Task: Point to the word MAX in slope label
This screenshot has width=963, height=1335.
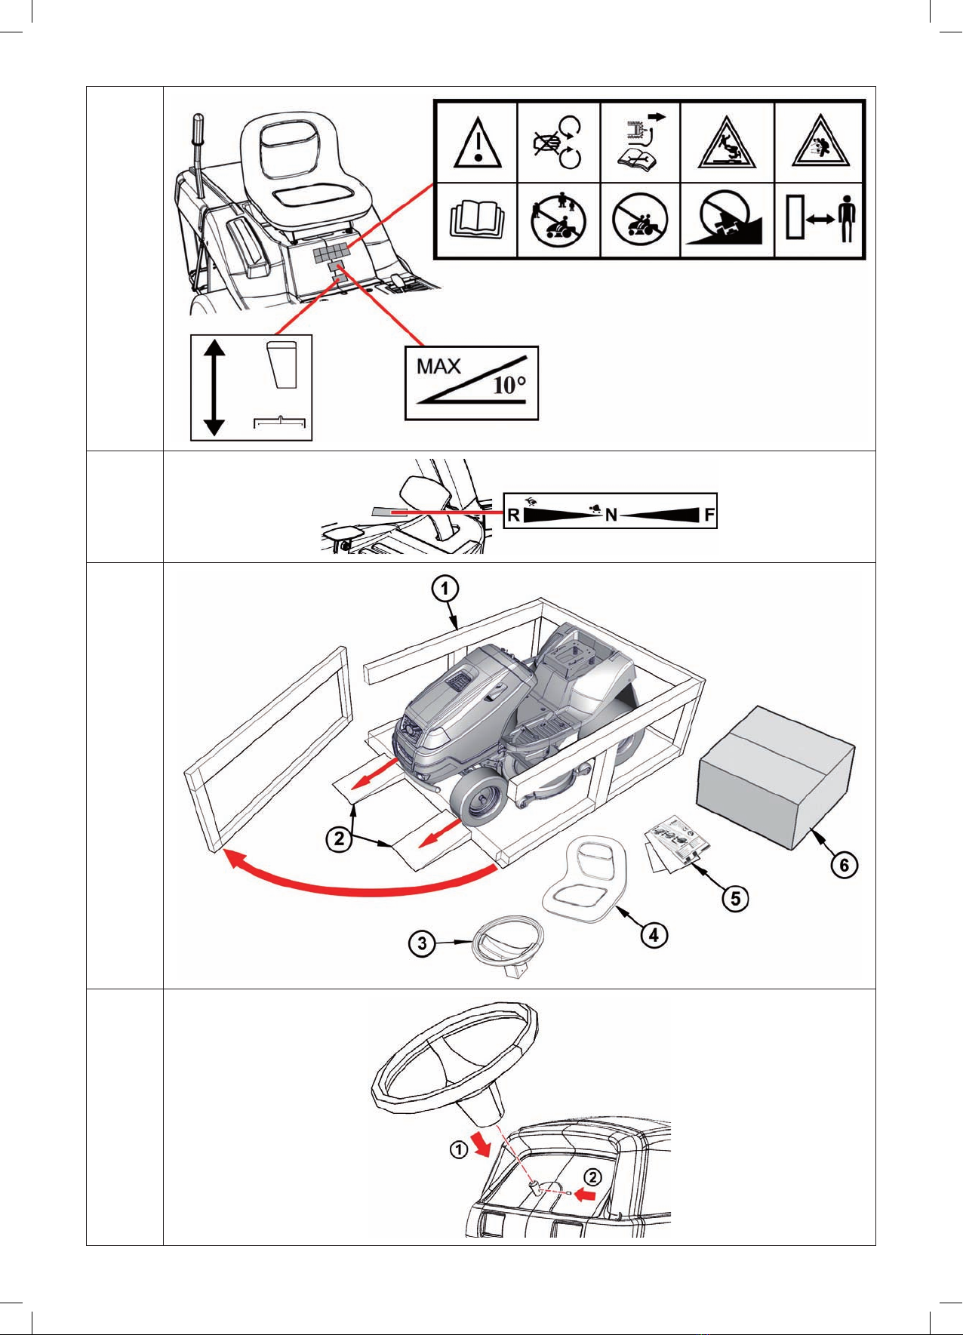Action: click(x=438, y=367)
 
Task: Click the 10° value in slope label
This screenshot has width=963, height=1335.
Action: click(x=509, y=386)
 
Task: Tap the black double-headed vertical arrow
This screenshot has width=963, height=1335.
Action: click(x=214, y=387)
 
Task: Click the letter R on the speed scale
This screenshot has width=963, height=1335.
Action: click(x=513, y=515)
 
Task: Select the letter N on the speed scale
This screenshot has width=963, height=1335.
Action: click(x=611, y=515)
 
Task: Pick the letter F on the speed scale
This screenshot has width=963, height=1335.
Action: click(x=709, y=515)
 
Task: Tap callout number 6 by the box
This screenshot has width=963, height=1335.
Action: click(x=845, y=864)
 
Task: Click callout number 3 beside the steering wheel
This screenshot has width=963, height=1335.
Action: click(x=423, y=943)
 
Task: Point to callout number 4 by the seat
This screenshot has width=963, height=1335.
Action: click(x=654, y=935)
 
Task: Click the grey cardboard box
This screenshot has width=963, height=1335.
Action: click(x=777, y=777)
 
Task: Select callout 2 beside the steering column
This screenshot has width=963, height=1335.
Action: click(x=594, y=1177)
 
